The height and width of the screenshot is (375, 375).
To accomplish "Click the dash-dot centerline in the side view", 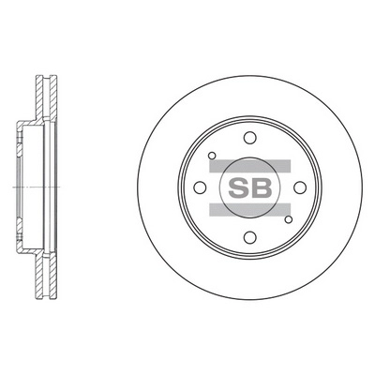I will click(x=28, y=188).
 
